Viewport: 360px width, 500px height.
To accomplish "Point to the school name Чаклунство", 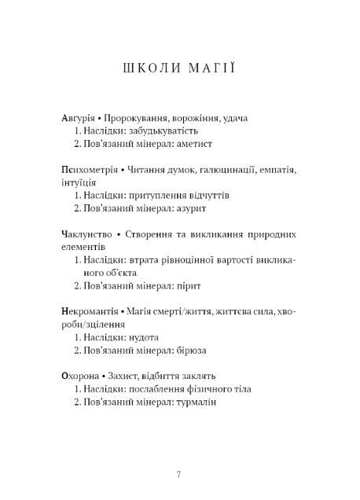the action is pyautogui.click(x=86, y=233).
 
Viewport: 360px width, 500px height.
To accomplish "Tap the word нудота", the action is pyautogui.click(x=149, y=337).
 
